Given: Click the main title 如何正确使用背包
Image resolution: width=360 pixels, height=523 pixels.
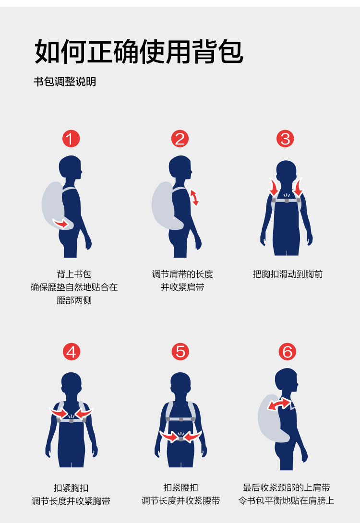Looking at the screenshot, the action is pyautogui.click(x=139, y=52).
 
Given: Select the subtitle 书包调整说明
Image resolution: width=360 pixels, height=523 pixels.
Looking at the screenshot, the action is pyautogui.click(x=65, y=82).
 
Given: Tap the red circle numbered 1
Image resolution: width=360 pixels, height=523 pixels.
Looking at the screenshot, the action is pyautogui.click(x=71, y=139).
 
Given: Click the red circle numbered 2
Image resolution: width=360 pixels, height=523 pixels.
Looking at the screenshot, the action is pyautogui.click(x=180, y=139).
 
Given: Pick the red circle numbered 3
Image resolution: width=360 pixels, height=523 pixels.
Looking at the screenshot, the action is pyautogui.click(x=285, y=139).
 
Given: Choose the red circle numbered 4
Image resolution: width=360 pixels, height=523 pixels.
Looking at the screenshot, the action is pyautogui.click(x=72, y=352).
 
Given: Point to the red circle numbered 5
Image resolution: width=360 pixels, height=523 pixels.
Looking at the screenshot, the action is pyautogui.click(x=180, y=352).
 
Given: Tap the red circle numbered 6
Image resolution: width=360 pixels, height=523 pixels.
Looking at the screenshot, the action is pyautogui.click(x=287, y=352).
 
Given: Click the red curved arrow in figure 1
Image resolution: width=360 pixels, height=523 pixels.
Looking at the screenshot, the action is pyautogui.click(x=61, y=223).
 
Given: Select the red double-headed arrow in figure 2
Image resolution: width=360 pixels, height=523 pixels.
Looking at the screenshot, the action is pyautogui.click(x=194, y=198).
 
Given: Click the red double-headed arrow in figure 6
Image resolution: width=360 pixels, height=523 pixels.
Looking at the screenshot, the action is pyautogui.click(x=279, y=404).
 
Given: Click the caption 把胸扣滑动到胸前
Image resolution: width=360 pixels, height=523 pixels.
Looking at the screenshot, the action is pyautogui.click(x=288, y=274).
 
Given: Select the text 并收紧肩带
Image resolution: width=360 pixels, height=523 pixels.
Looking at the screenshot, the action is pyautogui.click(x=182, y=287).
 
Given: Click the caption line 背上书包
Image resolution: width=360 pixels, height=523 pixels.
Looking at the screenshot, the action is pyautogui.click(x=74, y=274).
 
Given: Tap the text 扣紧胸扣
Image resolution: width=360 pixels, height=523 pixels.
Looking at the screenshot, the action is pyautogui.click(x=71, y=488).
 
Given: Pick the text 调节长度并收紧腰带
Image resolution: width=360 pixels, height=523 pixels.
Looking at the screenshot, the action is pyautogui.click(x=181, y=500).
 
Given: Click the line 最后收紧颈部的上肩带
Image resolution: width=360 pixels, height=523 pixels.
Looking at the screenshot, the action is pyautogui.click(x=286, y=487).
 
